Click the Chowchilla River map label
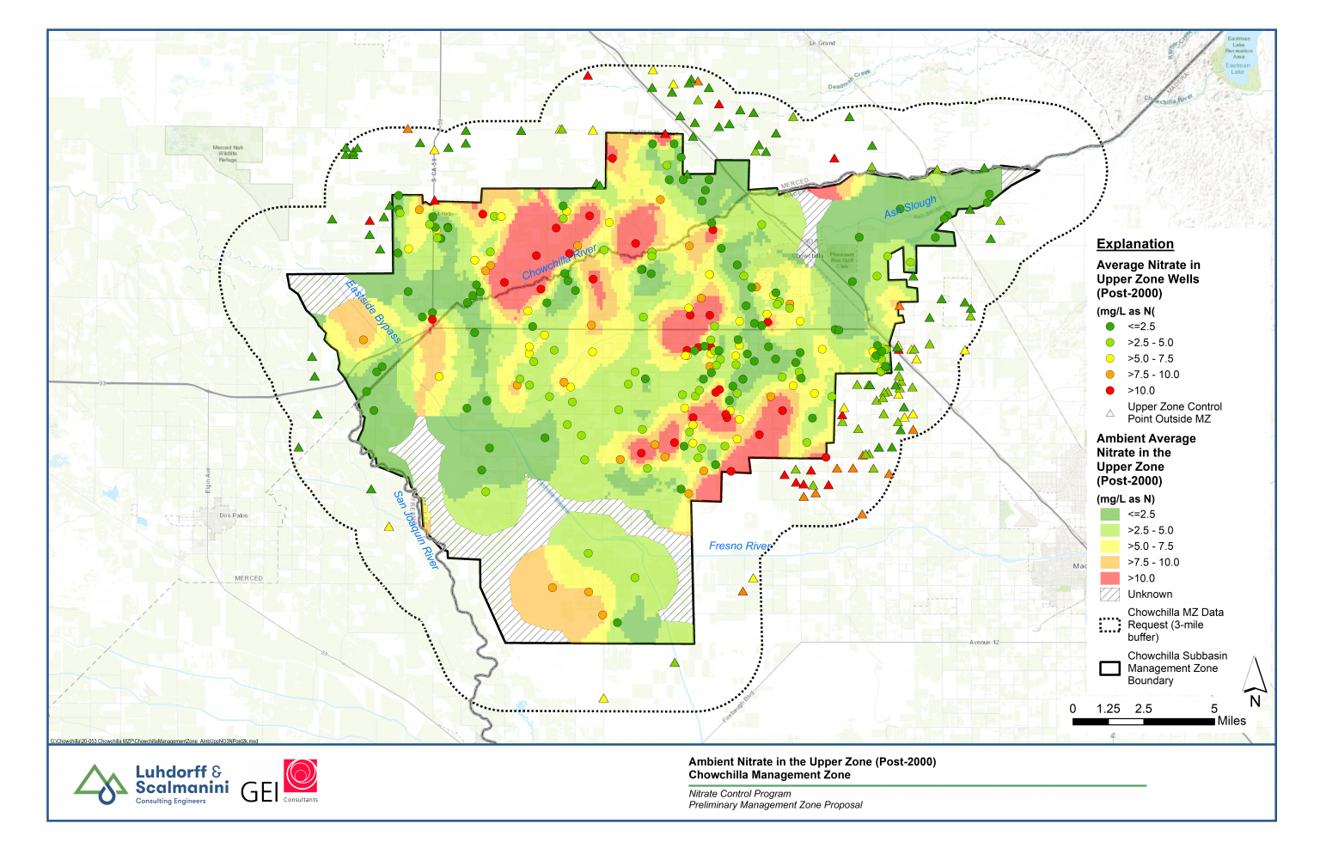[x=559, y=262]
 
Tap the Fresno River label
[x=738, y=546]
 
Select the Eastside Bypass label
[x=373, y=311]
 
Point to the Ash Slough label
[x=910, y=207]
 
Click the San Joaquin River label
[x=416, y=530]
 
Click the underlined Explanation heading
[x=1134, y=244]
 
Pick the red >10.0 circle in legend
[x=1109, y=391]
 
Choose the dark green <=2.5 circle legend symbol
[x=1109, y=326]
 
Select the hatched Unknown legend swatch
[x=1109, y=595]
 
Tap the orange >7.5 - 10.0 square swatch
[x=1109, y=562]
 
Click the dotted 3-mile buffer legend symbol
[x=1109, y=625]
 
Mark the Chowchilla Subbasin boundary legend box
[x=1109, y=668]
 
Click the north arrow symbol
[x=1256, y=679]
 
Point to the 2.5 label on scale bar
[x=1143, y=709]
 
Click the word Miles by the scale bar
[x=1231, y=721]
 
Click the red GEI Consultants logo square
[x=301, y=776]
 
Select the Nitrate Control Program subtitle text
[x=739, y=794]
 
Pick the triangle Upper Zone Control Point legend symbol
[x=1109, y=413]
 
